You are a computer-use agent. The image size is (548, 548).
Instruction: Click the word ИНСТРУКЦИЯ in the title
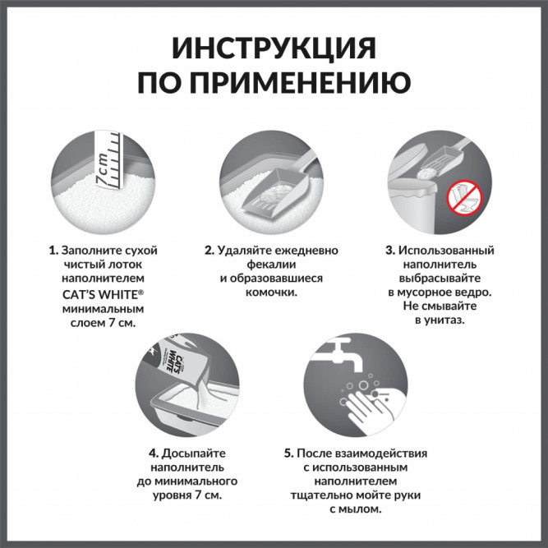tap(274, 48)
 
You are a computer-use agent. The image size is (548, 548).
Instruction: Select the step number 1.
tap(53, 250)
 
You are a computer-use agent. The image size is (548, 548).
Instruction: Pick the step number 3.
tap(390, 250)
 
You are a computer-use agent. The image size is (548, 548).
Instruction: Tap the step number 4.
tap(154, 453)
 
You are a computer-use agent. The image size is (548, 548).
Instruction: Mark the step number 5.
tap(288, 453)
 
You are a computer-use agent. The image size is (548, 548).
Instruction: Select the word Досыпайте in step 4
tap(193, 453)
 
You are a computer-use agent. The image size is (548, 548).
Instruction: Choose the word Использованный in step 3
tap(446, 250)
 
